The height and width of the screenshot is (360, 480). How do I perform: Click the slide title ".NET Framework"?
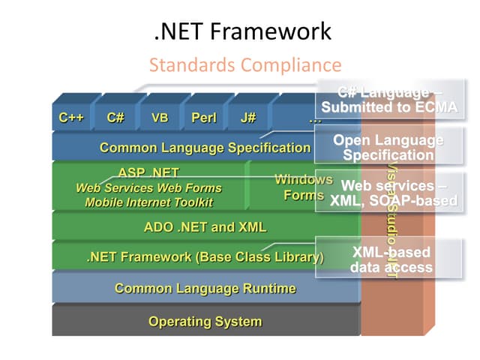point(240,31)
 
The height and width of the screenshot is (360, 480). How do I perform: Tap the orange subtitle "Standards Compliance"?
point(245,64)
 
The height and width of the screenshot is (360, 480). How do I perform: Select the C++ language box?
point(72,118)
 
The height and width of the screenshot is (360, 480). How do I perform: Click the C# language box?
point(115,118)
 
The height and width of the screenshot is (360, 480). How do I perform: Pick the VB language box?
point(160,118)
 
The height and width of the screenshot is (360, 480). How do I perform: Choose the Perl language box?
point(204,118)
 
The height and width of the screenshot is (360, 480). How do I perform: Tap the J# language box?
point(248,118)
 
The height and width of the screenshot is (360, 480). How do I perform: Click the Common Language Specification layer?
point(205,148)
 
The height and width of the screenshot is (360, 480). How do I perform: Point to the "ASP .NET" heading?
point(148,172)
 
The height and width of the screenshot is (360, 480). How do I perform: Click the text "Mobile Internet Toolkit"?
point(148,202)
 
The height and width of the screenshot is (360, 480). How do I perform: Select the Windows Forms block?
point(303,187)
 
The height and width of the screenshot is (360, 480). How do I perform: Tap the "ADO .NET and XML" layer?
point(205,226)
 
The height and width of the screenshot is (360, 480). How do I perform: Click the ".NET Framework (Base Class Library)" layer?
point(205,257)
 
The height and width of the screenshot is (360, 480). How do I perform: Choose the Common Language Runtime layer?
point(205,289)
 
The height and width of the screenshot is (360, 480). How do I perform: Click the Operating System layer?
point(205,322)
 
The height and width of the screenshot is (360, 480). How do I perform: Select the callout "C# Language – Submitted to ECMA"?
point(388,100)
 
